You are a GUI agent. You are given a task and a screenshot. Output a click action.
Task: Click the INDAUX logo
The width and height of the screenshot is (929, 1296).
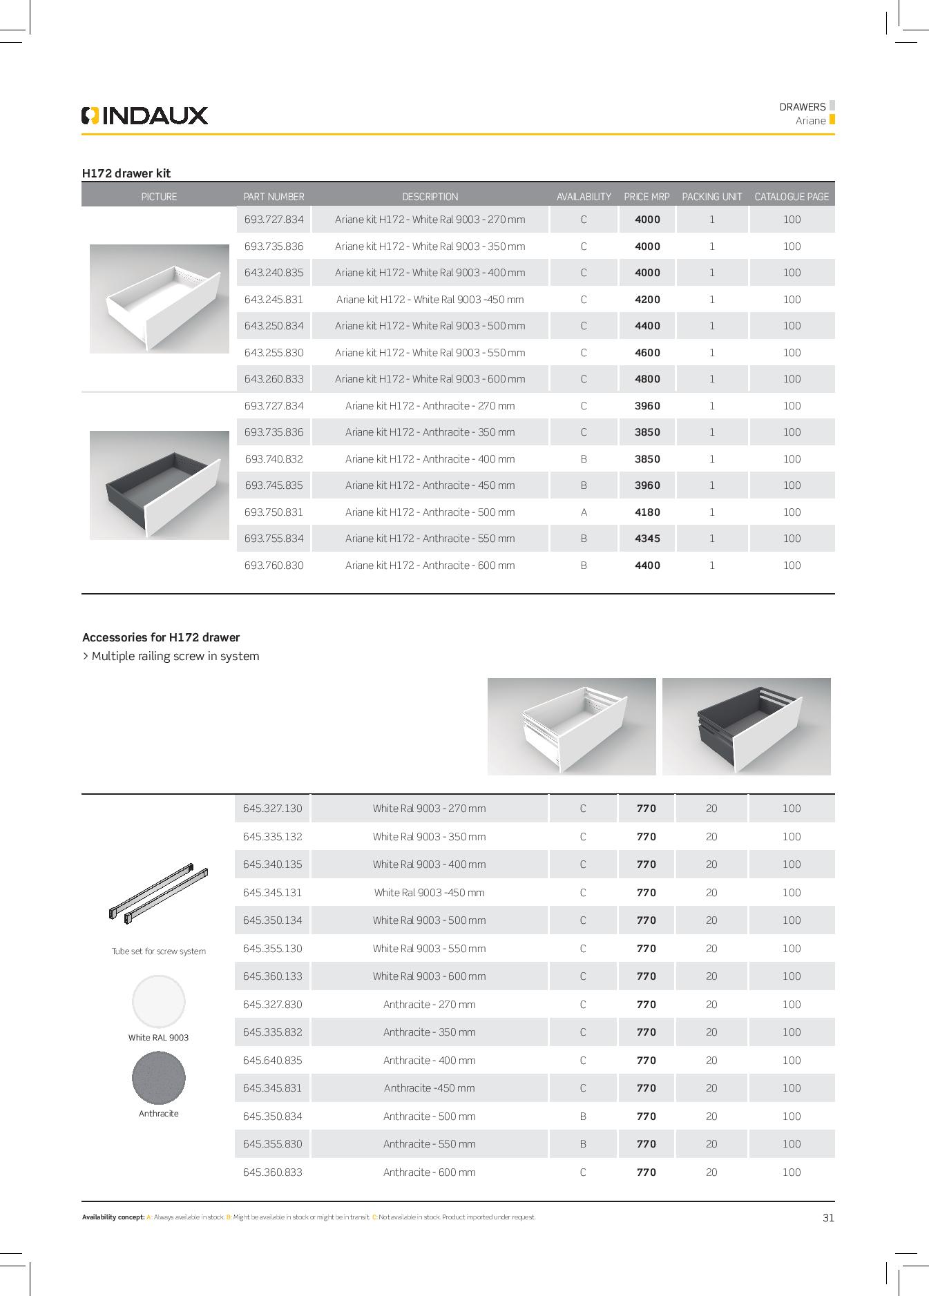[144, 115]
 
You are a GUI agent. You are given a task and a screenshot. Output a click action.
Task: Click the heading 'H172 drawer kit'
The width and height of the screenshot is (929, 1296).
[126, 173]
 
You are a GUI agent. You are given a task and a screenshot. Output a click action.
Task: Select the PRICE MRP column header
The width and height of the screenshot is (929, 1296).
[647, 197]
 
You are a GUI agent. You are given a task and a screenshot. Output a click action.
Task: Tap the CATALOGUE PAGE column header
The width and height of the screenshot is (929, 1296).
[791, 197]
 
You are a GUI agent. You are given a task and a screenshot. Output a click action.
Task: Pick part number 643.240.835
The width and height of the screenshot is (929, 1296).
[274, 273]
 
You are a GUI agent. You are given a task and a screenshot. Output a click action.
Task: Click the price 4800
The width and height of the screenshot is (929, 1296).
[647, 379]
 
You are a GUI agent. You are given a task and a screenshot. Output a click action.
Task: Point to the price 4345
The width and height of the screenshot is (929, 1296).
[647, 539]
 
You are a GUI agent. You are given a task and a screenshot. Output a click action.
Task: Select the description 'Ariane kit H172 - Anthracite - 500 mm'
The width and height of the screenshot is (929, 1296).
[430, 512]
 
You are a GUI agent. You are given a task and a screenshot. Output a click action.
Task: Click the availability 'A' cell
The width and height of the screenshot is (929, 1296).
[584, 512]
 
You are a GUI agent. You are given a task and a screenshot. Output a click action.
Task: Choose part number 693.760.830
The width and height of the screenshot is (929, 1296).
[274, 565]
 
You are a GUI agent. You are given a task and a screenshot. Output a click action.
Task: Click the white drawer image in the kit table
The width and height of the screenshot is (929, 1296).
[160, 299]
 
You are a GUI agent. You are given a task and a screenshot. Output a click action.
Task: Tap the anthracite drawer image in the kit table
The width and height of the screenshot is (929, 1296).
[160, 485]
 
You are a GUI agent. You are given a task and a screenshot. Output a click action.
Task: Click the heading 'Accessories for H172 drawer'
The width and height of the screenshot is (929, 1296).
[161, 637]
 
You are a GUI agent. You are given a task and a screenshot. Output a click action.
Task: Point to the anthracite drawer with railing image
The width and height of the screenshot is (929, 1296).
[746, 726]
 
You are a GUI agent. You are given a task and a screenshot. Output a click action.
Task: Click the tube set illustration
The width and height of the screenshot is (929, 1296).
[159, 892]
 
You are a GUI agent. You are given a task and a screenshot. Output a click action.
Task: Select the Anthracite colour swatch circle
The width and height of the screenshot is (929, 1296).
[159, 1078]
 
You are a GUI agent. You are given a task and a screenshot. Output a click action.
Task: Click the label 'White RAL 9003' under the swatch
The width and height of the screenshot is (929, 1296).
[158, 1038]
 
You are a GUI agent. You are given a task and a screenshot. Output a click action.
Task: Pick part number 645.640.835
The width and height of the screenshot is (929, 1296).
[273, 1061]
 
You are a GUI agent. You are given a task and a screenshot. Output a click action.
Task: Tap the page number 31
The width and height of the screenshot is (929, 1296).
[828, 1217]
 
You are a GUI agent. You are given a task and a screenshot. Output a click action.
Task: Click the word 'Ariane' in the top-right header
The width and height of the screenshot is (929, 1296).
[810, 121]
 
